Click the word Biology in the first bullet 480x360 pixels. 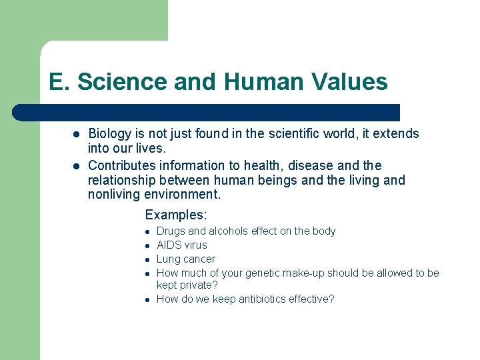pyautogui.click(x=111, y=134)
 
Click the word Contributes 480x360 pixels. pyautogui.click(x=123, y=165)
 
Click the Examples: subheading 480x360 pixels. pyautogui.click(x=176, y=215)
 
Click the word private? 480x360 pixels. pyautogui.click(x=201, y=285)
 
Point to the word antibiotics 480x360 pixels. pyautogui.click(x=254, y=299)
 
